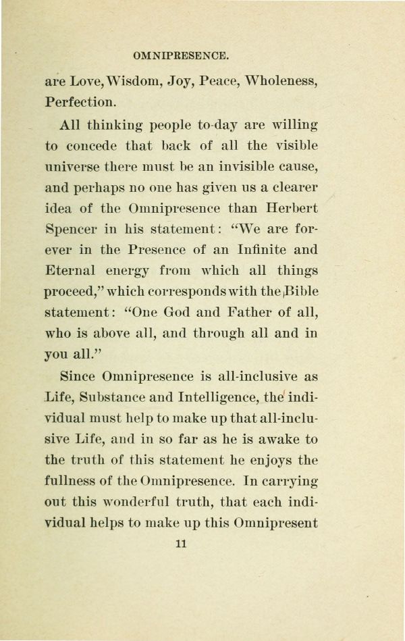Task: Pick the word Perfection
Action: point(80,103)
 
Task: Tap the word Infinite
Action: point(256,250)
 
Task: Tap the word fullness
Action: point(73,481)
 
